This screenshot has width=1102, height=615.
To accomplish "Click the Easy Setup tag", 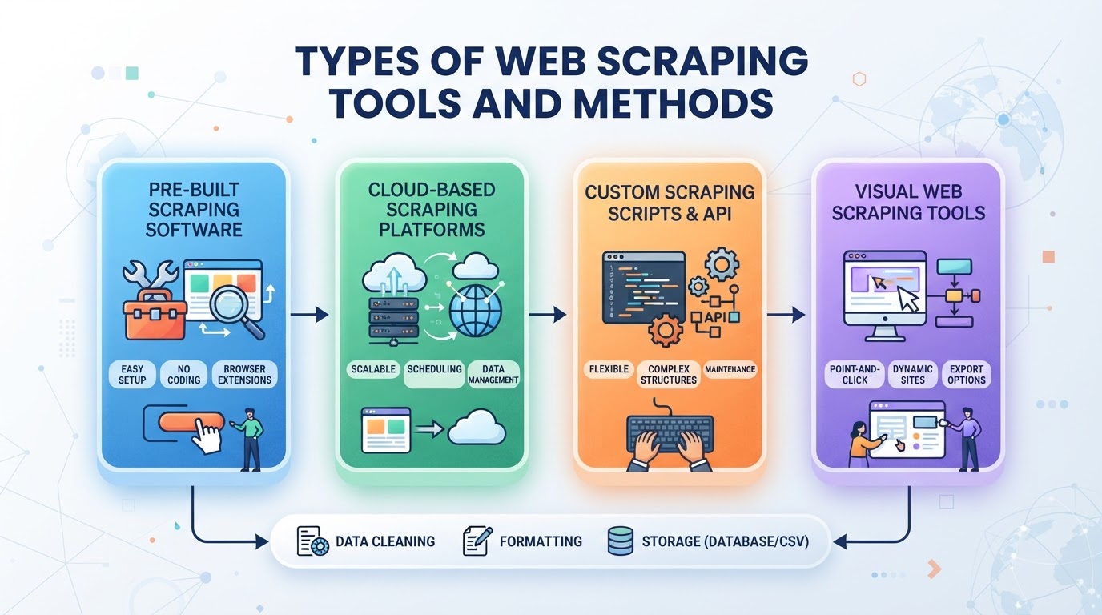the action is [x=132, y=375].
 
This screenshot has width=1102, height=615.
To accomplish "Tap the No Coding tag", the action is [x=184, y=375].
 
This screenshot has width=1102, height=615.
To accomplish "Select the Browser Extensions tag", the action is [x=244, y=375].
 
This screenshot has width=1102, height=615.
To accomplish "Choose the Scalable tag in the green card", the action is [x=373, y=369].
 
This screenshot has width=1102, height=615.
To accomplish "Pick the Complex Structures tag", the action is [x=669, y=375].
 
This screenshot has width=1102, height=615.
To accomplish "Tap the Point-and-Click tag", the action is [x=855, y=375].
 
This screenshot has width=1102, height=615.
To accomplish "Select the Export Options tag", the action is [x=967, y=375].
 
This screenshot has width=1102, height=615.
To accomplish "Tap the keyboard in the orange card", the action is [x=670, y=434].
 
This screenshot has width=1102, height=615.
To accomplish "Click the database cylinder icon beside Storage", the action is [x=621, y=541].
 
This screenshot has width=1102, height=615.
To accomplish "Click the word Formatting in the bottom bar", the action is [x=541, y=541].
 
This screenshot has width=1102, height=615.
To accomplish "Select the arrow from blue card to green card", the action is [x=309, y=315].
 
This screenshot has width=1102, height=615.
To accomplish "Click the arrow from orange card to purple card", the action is [x=786, y=315].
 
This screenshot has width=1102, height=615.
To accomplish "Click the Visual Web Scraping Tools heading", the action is [x=908, y=203].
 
